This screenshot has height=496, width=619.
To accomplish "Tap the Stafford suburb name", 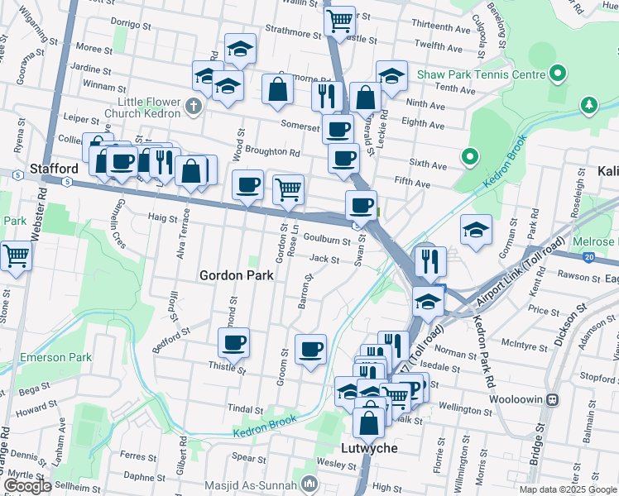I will tap(53, 169).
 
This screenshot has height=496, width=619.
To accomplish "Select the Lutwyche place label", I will tap(370, 448).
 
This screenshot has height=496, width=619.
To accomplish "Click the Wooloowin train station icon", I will tap(552, 399).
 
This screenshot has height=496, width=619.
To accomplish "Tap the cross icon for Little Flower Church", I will tap(193, 106).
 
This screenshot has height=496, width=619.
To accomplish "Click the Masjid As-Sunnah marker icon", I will tap(309, 482).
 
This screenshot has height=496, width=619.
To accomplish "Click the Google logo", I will tap(27, 486).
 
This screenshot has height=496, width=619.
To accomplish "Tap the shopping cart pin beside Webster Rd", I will tap(16, 255).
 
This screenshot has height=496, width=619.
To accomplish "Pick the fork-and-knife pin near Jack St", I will tap(430, 260).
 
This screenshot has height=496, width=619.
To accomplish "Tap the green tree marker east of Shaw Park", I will tap(588, 105).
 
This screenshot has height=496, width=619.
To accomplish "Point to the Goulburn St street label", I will tap(327, 239).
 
